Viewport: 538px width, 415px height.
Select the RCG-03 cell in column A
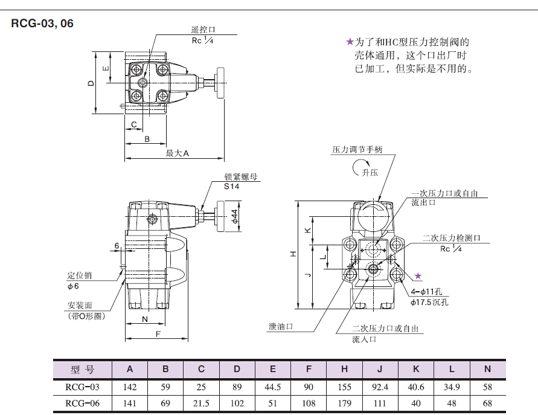click(130, 387)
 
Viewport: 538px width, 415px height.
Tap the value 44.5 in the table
click(273, 387)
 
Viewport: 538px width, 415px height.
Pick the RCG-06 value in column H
click(344, 404)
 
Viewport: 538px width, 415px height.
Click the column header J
click(380, 369)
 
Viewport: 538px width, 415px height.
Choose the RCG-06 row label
click(82, 404)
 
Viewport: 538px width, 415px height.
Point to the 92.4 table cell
click(380, 387)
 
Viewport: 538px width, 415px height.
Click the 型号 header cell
click(82, 369)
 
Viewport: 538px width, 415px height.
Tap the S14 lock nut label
click(232, 187)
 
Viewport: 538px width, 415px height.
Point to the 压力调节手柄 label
click(357, 149)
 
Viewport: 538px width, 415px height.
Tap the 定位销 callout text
click(79, 275)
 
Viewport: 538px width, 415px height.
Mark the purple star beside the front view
click(418, 275)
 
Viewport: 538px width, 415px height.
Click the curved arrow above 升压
click(360, 167)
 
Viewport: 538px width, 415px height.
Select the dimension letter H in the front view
click(293, 254)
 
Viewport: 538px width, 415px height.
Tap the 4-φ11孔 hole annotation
click(428, 291)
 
